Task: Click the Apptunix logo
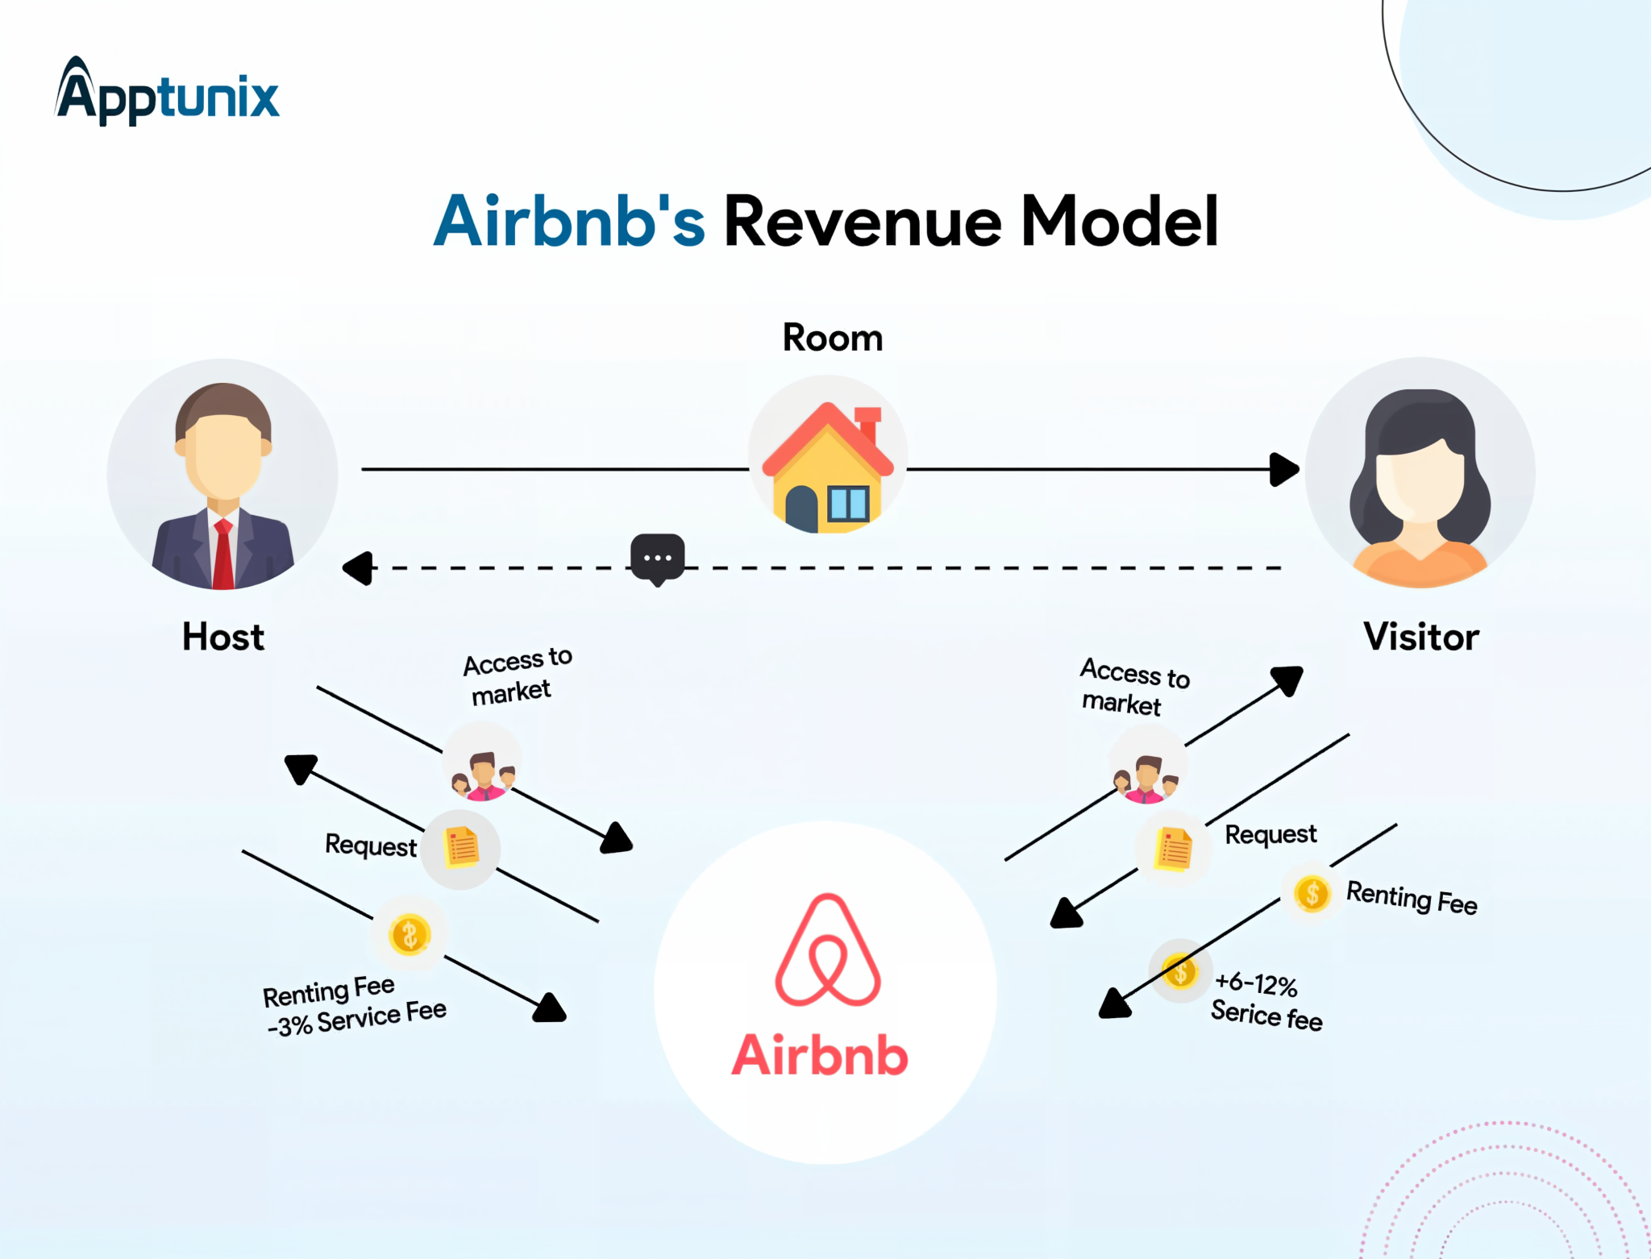pyautogui.click(x=167, y=92)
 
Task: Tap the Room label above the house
pyautogui.click(x=833, y=338)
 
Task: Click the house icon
pyautogui.click(x=828, y=468)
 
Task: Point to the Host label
pyautogui.click(x=223, y=637)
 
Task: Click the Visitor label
pyautogui.click(x=1421, y=637)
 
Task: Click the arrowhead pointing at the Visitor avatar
pyautogui.click(x=1283, y=469)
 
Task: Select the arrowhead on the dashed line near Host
pyautogui.click(x=359, y=568)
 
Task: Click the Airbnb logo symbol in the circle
pyautogui.click(x=828, y=951)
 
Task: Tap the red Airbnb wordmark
pyautogui.click(x=820, y=1055)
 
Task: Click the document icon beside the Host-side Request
pyautogui.click(x=462, y=848)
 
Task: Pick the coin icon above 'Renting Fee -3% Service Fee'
pyautogui.click(x=410, y=935)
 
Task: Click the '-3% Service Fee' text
pyautogui.click(x=357, y=1020)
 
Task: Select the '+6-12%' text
pyautogui.click(x=1256, y=984)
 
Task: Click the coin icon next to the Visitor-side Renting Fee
pyautogui.click(x=1312, y=893)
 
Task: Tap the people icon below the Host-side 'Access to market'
pyautogui.click(x=483, y=774)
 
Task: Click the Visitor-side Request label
pyautogui.click(x=1270, y=834)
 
